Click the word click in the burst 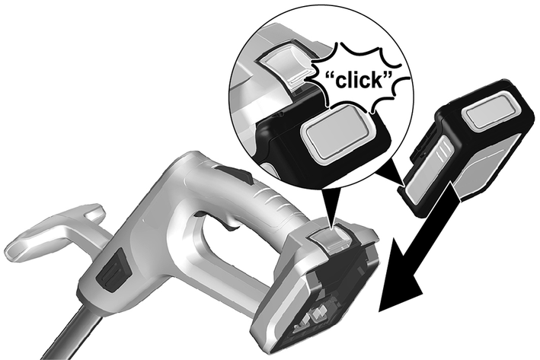tap(357, 81)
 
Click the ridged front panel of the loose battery tap(428, 165)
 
